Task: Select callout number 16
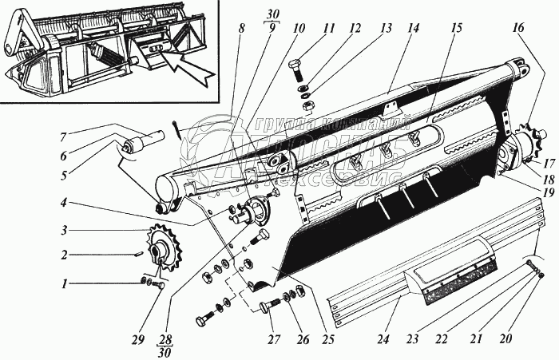(x=520, y=27)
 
